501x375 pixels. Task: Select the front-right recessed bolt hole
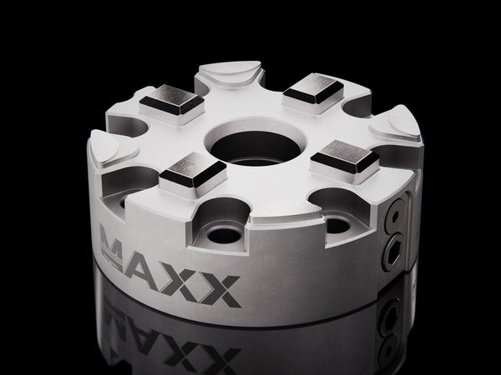coord(337,223)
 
